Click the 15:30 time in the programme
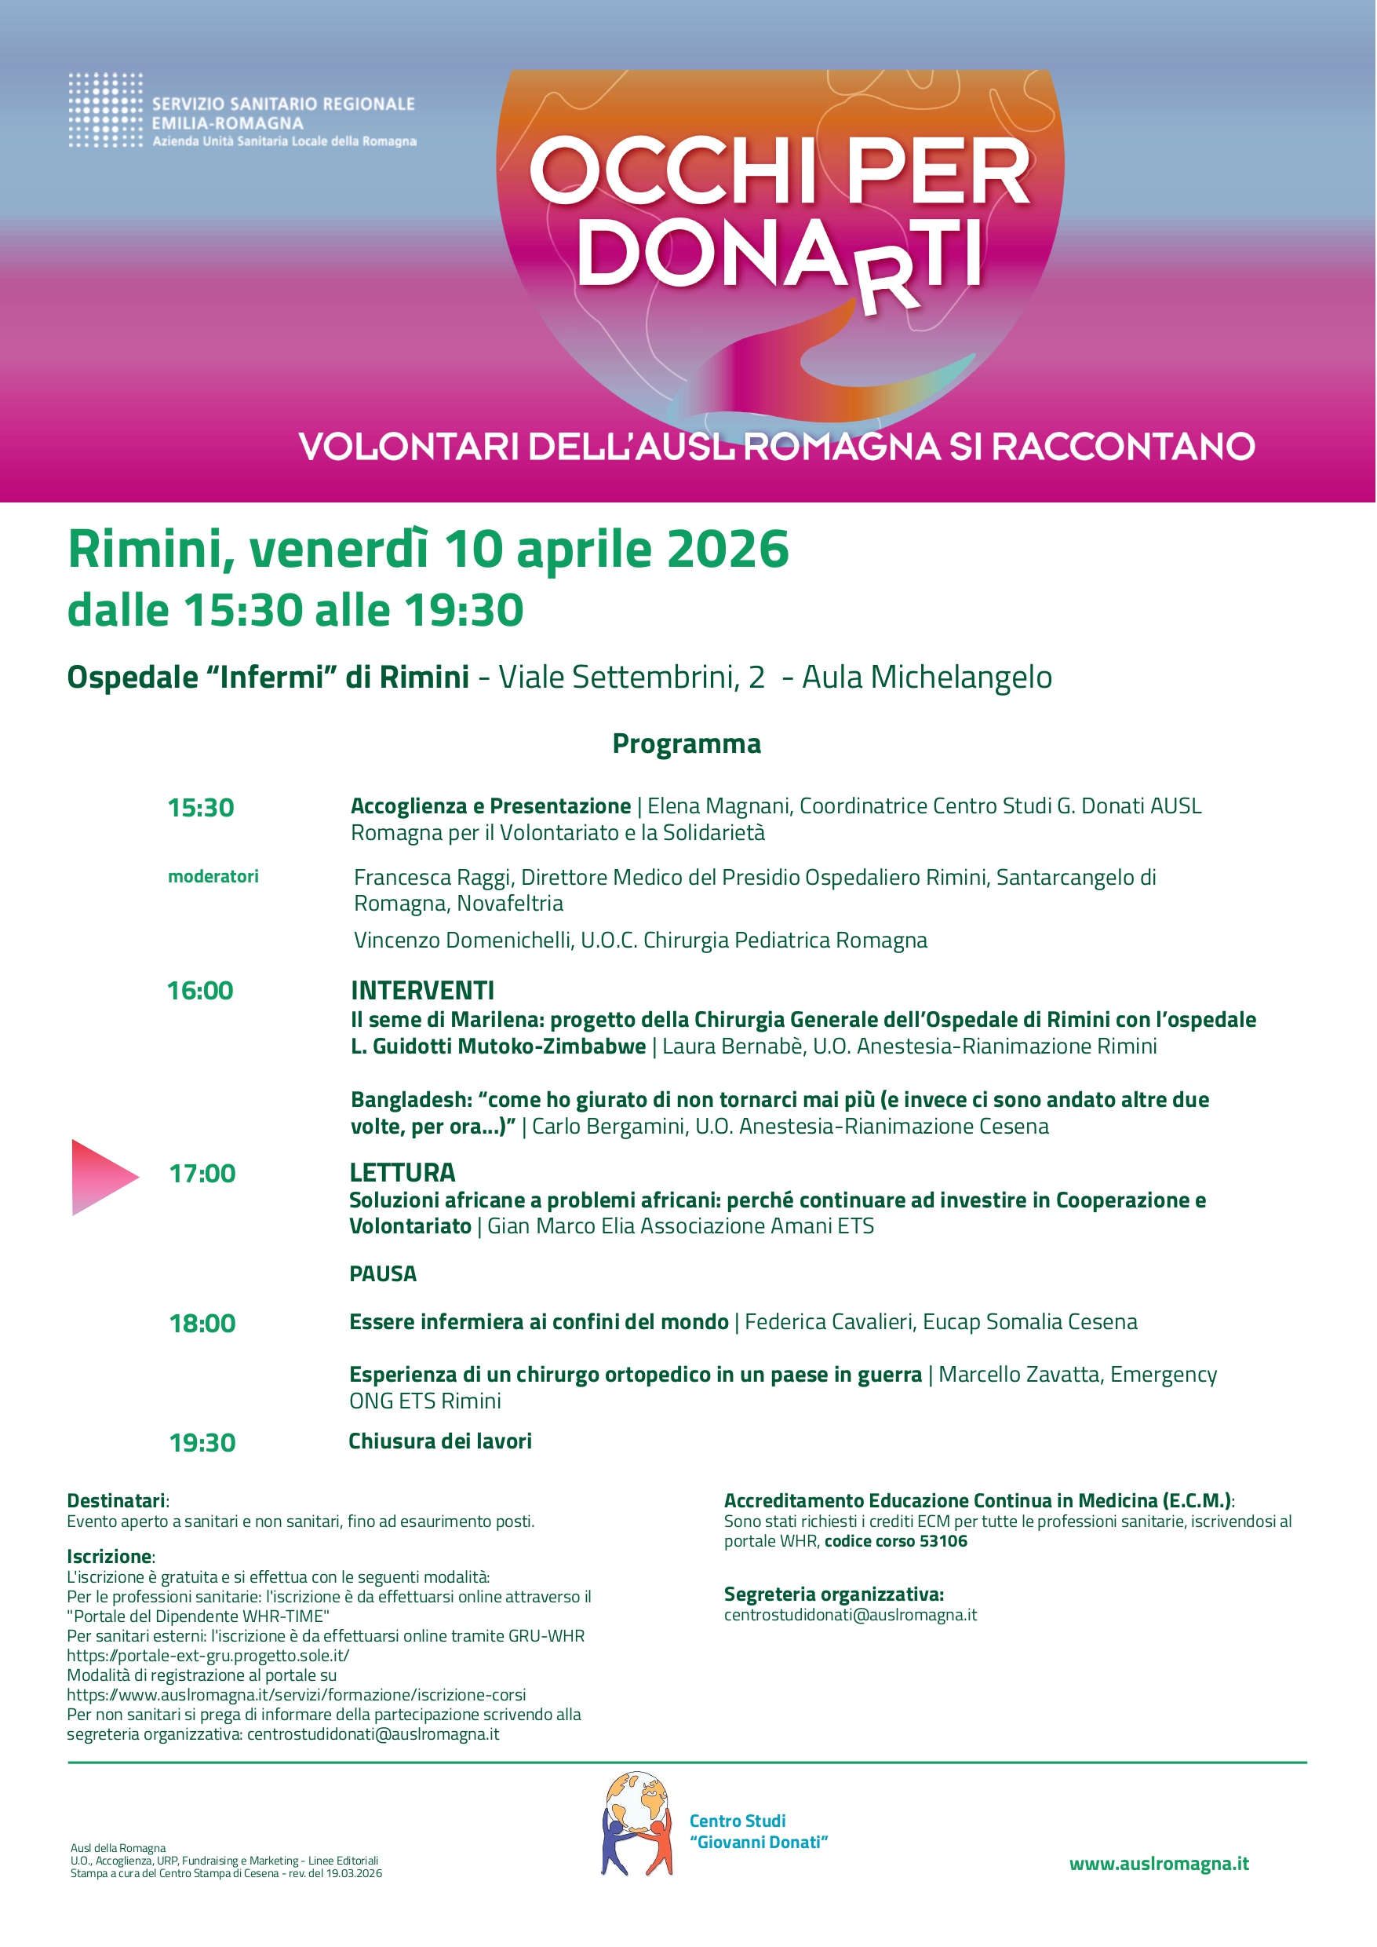click(x=200, y=807)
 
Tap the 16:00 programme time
click(x=200, y=990)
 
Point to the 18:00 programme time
click(x=202, y=1323)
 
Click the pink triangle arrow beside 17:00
click(x=102, y=1177)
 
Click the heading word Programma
click(x=686, y=743)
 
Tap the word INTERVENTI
click(x=422, y=990)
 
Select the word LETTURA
click(x=402, y=1172)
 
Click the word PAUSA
click(x=382, y=1273)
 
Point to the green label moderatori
click(x=213, y=876)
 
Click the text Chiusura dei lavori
click(x=440, y=1441)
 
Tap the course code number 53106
click(x=943, y=1540)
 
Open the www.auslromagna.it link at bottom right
click(x=1158, y=1863)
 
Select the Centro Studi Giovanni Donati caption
click(x=757, y=1831)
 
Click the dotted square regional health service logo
click(x=105, y=110)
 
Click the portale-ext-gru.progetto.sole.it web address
click(x=208, y=1655)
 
